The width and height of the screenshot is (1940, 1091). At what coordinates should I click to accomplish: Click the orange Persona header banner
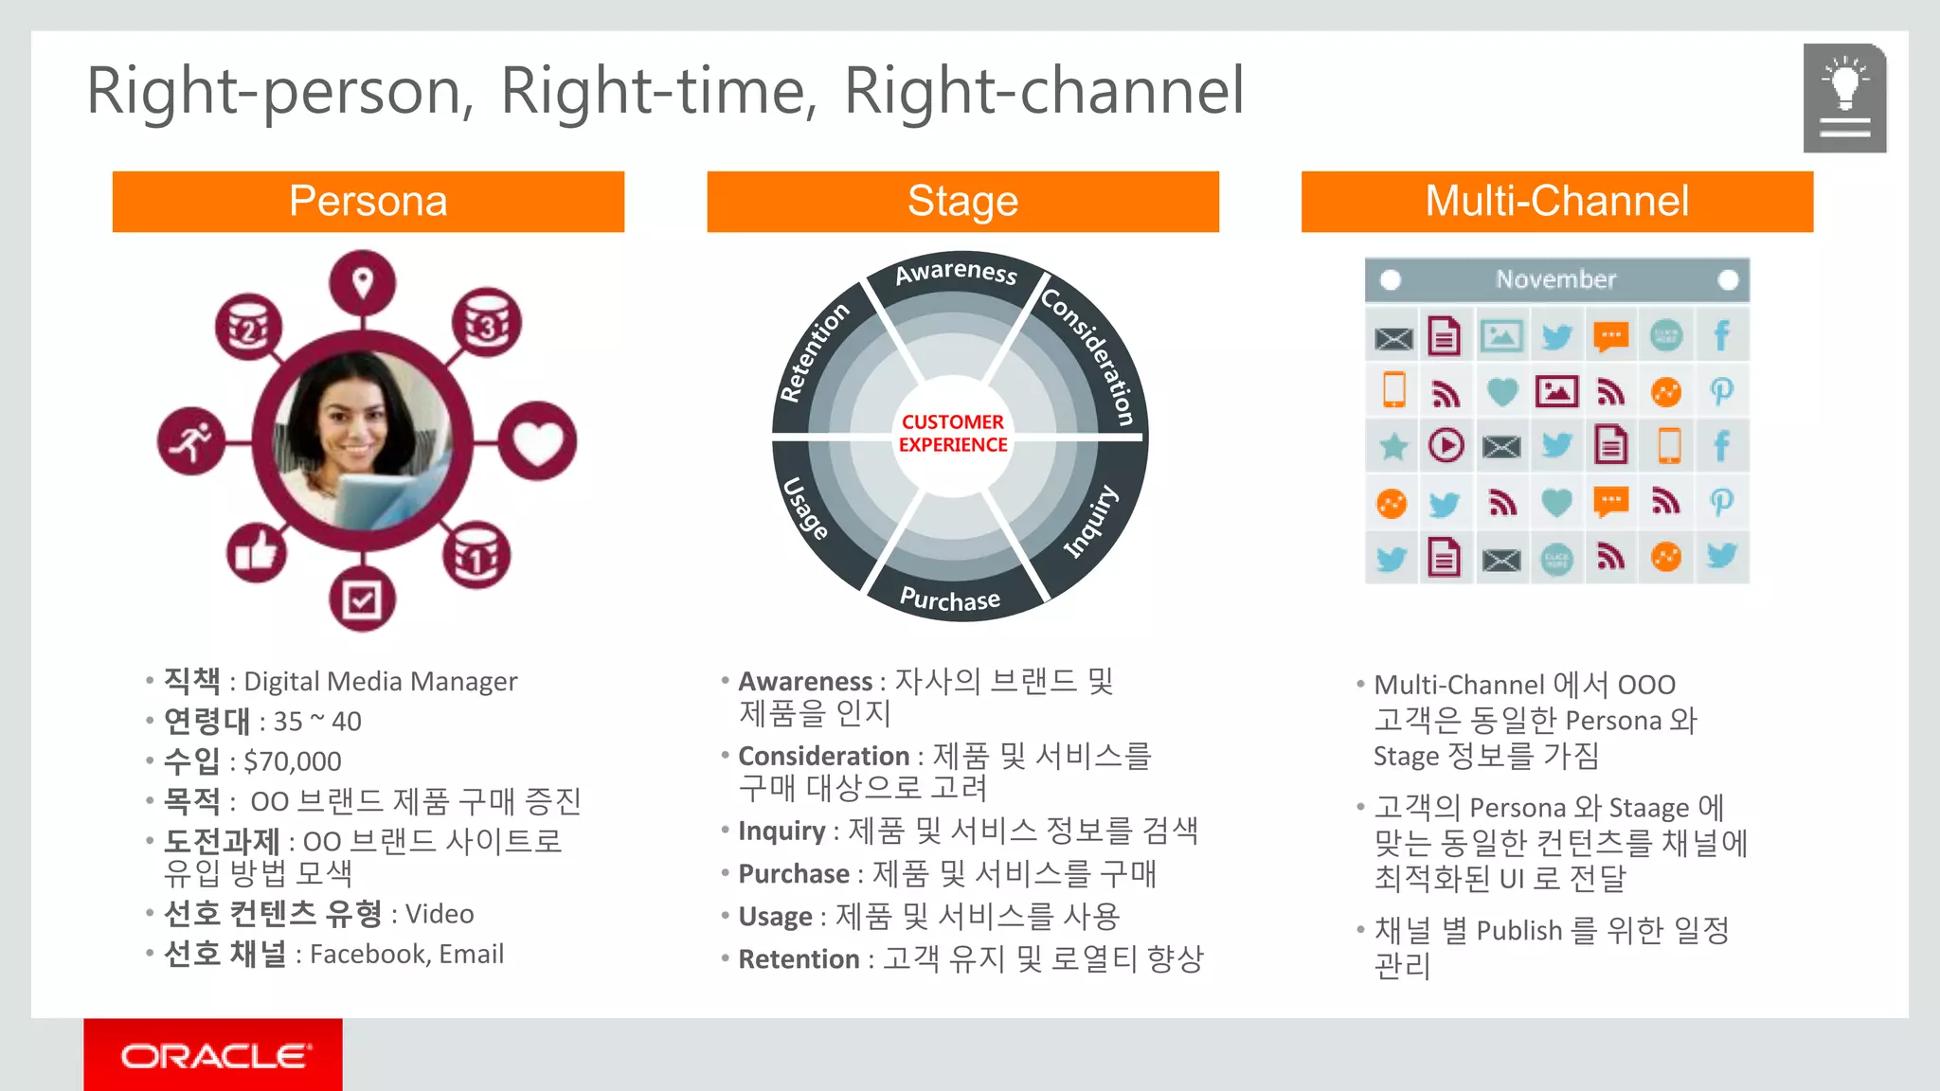coord(368,201)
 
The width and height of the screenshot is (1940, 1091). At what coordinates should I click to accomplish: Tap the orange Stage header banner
coord(962,201)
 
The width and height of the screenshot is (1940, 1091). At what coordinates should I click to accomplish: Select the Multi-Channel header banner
coord(1556,201)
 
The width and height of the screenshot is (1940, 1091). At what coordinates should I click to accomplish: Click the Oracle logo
coord(213,1055)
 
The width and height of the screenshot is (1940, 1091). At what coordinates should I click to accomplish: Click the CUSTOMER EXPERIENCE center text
coord(953,434)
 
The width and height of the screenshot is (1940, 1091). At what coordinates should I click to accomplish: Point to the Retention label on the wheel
coord(813,352)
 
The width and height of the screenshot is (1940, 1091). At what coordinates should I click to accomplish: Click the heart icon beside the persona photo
coord(537,441)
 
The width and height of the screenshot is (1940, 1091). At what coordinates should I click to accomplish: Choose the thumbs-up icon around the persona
coord(257,551)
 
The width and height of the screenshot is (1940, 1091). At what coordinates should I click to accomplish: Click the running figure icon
coord(191,441)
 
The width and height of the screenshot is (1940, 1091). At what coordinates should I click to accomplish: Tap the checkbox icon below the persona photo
coord(362,599)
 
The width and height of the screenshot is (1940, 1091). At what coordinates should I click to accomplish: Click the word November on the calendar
coord(1555,279)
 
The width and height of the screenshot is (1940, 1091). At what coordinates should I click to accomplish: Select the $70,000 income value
coord(292,761)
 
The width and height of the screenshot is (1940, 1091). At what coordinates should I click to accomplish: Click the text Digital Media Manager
coord(381,682)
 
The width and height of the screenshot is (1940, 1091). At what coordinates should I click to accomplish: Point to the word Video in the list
coord(440,914)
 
